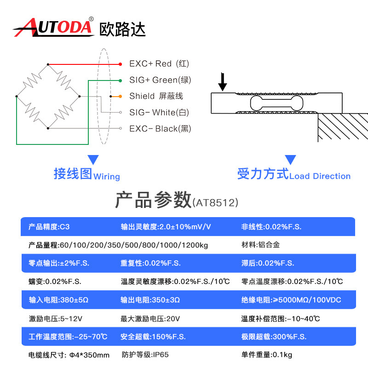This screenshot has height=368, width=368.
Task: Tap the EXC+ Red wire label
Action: (159, 63)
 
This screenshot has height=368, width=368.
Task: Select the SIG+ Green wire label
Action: (160, 80)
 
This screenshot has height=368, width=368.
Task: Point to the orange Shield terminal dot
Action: (121, 96)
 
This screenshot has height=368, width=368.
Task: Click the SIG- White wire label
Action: (159, 112)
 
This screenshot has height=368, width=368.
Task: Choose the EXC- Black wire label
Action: (160, 129)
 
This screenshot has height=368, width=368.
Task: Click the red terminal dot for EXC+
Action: (121, 64)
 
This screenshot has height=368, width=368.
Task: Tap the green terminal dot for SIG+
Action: (121, 80)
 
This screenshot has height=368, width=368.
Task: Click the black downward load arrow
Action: (223, 81)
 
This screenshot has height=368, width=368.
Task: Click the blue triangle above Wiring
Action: (93, 160)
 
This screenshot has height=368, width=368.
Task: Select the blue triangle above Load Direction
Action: (290, 160)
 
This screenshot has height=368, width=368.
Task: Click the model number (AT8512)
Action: (215, 202)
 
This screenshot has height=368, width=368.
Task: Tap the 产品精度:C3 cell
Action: (49, 227)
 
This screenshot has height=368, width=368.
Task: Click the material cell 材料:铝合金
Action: (260, 245)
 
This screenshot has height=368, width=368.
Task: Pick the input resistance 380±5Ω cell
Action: (58, 300)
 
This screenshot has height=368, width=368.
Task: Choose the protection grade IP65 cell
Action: (145, 355)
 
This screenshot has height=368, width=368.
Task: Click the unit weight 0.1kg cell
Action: (267, 355)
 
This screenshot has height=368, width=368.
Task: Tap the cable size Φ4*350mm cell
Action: (69, 355)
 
